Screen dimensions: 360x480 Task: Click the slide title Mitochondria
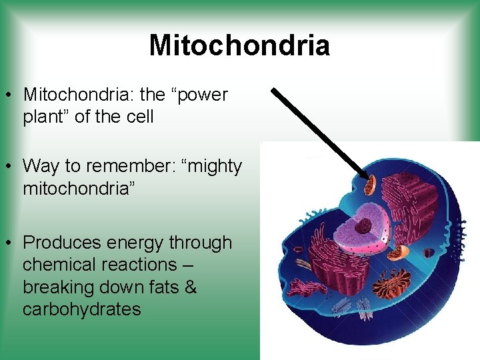(x=239, y=46)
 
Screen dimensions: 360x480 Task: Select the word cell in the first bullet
(x=140, y=117)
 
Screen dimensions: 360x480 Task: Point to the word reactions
(x=139, y=265)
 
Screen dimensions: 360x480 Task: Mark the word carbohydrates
(x=81, y=309)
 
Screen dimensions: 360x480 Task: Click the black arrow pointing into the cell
(x=320, y=131)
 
